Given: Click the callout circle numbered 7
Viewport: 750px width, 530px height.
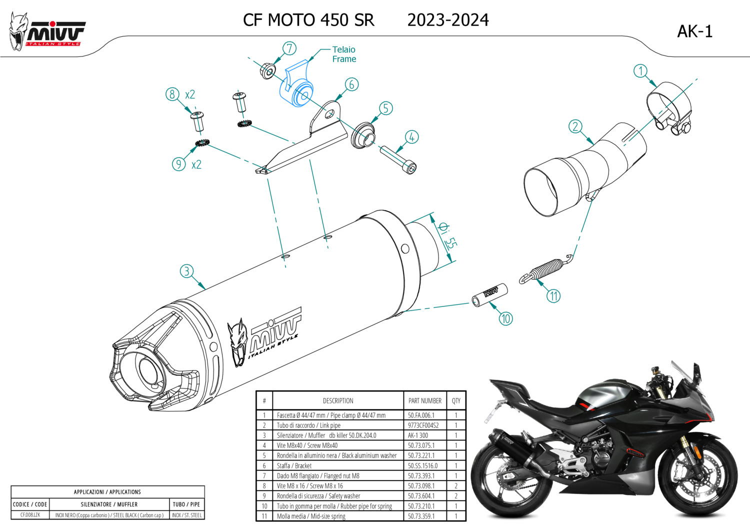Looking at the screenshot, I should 289,48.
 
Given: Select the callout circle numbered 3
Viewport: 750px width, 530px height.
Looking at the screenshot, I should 186,271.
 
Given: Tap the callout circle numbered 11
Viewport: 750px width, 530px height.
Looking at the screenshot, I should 553,296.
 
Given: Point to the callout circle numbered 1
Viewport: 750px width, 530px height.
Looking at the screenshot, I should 640,71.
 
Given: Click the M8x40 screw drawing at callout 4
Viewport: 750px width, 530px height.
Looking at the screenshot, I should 398,159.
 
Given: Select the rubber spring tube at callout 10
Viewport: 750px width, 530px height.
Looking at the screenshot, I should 490,295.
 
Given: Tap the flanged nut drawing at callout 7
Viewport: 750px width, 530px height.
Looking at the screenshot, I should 268,70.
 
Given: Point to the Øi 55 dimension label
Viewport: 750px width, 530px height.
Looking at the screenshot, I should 447,235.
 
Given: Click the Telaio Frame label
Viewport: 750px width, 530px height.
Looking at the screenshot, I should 344,54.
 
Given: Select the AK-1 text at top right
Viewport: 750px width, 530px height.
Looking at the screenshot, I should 694,31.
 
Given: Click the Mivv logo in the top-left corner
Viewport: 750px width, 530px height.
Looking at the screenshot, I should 47,32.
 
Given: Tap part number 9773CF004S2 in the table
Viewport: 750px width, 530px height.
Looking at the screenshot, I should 423,425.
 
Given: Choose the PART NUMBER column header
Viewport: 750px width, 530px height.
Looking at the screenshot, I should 424,400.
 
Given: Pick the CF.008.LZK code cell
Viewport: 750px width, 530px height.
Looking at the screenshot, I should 30,515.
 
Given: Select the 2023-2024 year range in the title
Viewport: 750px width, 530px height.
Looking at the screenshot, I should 448,20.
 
